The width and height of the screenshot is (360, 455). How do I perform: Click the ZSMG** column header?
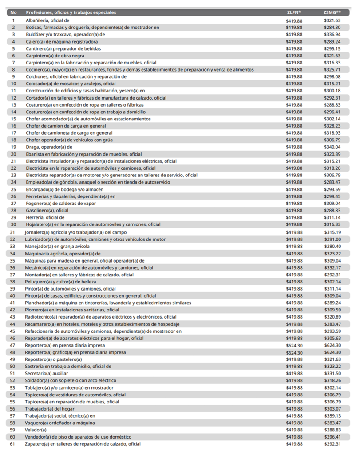[x=332, y=13]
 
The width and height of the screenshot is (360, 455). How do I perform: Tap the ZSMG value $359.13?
[x=332, y=416]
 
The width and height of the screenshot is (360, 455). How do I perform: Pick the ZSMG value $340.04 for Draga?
[x=332, y=147]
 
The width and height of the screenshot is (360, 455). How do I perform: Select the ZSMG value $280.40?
[x=332, y=246]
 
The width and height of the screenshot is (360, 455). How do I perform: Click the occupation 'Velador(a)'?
[x=36, y=430]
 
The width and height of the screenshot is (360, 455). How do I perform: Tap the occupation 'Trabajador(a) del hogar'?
[x=50, y=409]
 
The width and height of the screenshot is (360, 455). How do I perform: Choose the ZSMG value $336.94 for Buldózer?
[x=332, y=34]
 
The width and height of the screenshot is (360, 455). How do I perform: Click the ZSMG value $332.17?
[x=332, y=267]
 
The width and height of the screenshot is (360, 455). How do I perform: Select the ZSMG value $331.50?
[x=332, y=374]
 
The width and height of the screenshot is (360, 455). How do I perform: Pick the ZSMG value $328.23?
[x=332, y=126]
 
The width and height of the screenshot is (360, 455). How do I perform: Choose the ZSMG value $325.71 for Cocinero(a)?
[x=332, y=70]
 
